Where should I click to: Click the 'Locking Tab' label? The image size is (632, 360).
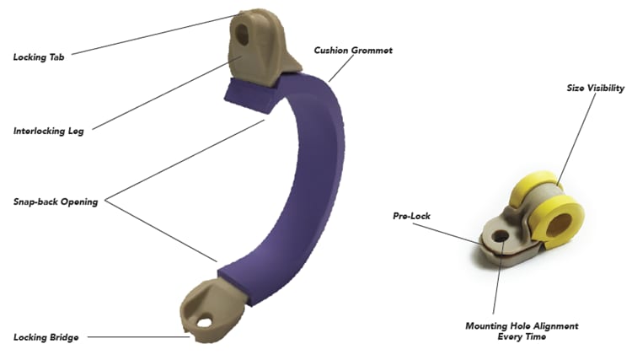[39, 57]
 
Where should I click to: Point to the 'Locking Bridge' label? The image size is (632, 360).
[46, 337]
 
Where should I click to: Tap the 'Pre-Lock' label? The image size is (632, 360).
[411, 216]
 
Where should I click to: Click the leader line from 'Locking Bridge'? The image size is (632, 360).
[135, 337]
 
